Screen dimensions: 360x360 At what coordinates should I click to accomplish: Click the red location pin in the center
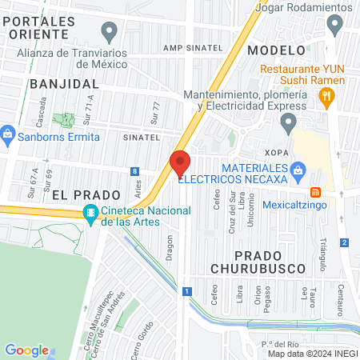point(180,163)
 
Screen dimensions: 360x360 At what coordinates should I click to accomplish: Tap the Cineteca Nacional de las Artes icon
point(90,214)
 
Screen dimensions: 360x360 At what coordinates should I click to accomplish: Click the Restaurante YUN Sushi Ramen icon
point(326,98)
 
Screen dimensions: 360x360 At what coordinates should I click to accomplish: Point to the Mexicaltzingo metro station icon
point(315,192)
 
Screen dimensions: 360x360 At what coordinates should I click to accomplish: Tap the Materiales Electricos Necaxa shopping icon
point(298,169)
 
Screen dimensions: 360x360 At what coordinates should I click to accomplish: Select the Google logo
point(27,350)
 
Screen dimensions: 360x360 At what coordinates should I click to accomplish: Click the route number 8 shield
point(136,171)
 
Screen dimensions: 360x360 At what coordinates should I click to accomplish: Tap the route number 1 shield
point(186,291)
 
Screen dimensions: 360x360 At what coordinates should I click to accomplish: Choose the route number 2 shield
point(344,242)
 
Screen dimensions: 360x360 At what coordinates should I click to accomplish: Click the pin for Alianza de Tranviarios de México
point(110,31)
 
